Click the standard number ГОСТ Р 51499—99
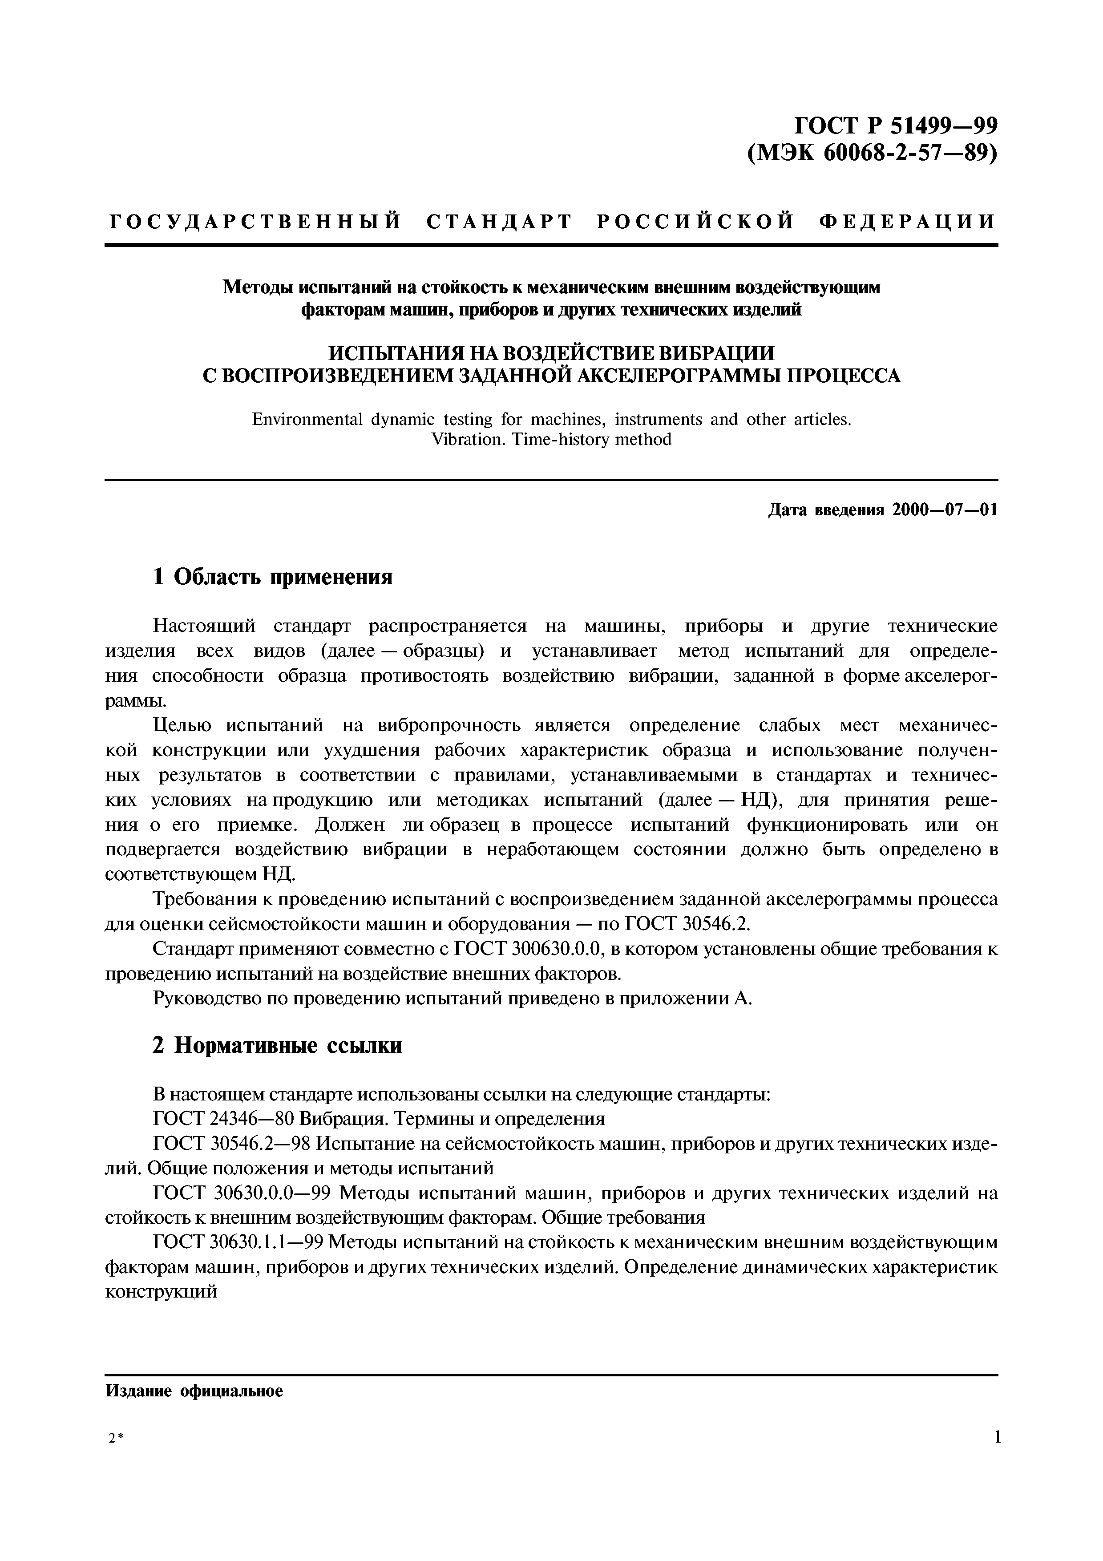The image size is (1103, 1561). tap(896, 126)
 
